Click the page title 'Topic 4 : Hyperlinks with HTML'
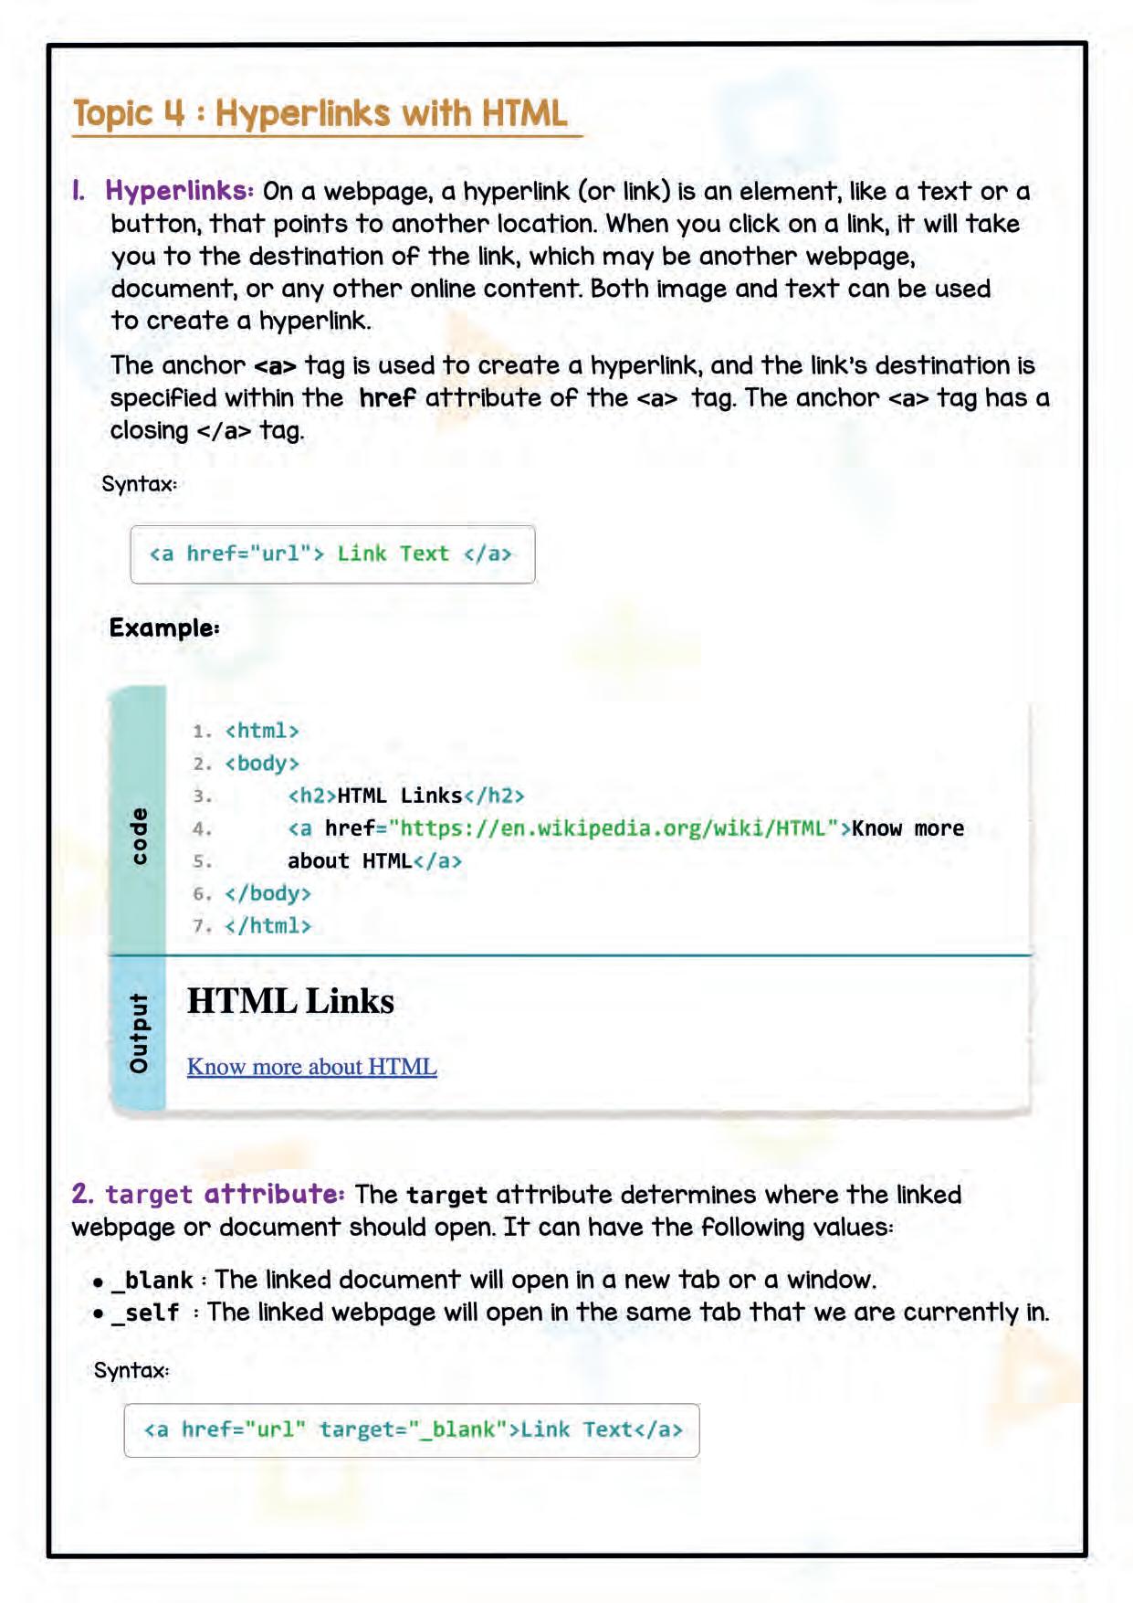[x=320, y=113]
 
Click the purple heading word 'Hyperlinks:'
[x=179, y=191]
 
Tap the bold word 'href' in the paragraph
[x=387, y=398]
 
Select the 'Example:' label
[x=164, y=628]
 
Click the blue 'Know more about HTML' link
[x=311, y=1067]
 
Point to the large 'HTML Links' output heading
[x=290, y=1001]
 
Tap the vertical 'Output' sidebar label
[x=138, y=1033]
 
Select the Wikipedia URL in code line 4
[x=613, y=828]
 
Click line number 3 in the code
[x=202, y=796]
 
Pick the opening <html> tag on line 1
[x=262, y=731]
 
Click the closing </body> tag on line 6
[x=268, y=893]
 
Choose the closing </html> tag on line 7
[x=268, y=926]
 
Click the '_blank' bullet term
[x=152, y=1281]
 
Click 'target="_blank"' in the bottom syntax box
[x=413, y=1429]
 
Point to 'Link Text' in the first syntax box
[x=393, y=554]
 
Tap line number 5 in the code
[x=202, y=861]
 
